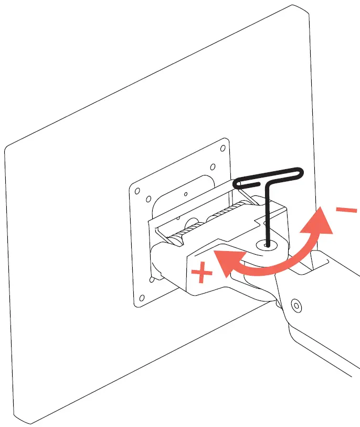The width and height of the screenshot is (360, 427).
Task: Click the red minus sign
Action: click(x=346, y=211)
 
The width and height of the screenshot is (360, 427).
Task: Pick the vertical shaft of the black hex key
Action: click(x=267, y=215)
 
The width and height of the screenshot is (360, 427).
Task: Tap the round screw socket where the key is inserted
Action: click(x=267, y=244)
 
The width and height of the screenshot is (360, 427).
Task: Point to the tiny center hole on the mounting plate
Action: click(x=186, y=194)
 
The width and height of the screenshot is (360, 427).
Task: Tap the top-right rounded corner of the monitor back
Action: click(x=303, y=9)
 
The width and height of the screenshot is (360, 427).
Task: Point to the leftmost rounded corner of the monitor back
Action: click(x=8, y=149)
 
